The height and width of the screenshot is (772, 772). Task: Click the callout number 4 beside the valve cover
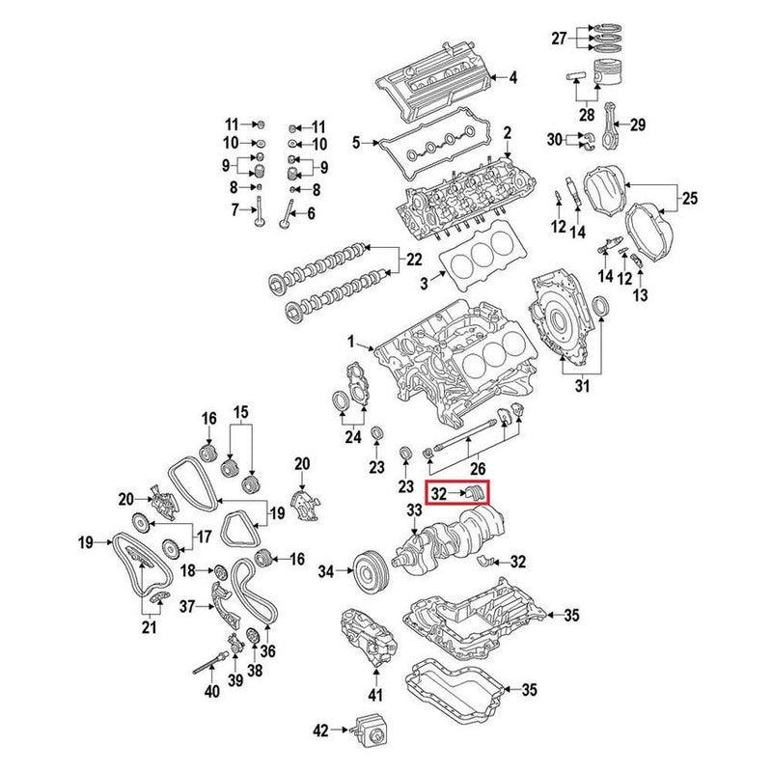[512, 77]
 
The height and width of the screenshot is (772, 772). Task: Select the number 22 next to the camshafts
[414, 259]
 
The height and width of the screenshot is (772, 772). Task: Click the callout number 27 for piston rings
[559, 38]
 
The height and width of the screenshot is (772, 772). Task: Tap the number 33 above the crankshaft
[414, 510]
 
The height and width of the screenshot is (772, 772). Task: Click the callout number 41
[375, 695]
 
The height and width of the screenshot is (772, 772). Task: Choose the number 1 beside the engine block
[353, 342]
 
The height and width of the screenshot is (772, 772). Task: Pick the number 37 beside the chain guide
[187, 606]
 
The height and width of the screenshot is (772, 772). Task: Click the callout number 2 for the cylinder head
[506, 131]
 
